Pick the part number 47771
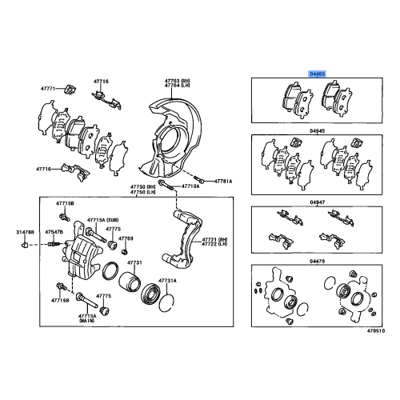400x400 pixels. tap(50, 88)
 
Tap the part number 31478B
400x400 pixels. tap(26, 232)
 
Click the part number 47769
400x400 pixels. tap(126, 238)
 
